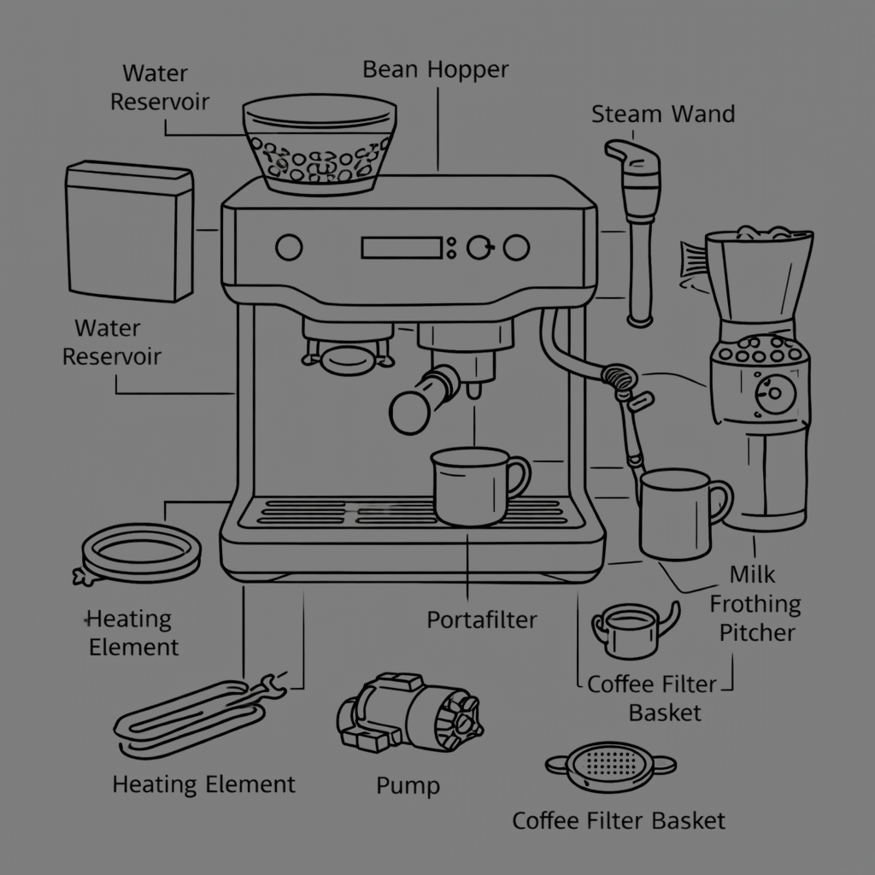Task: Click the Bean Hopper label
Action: click(436, 69)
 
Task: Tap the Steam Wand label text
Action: click(663, 114)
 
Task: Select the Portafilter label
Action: click(482, 619)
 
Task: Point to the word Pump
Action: click(408, 784)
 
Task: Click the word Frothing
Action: click(755, 605)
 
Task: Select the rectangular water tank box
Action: click(129, 231)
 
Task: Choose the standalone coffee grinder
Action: click(759, 376)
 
